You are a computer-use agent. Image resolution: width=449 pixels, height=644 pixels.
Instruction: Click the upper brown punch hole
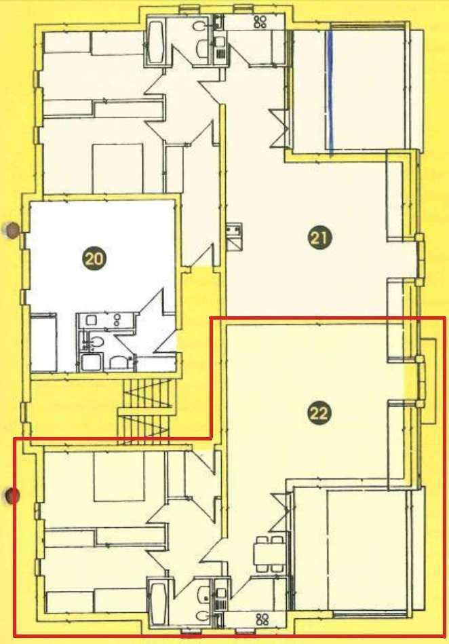click(11, 230)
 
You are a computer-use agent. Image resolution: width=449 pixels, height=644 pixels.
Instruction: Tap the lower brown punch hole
click(11, 497)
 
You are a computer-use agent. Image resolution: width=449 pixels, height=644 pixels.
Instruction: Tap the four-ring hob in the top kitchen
click(260, 22)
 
